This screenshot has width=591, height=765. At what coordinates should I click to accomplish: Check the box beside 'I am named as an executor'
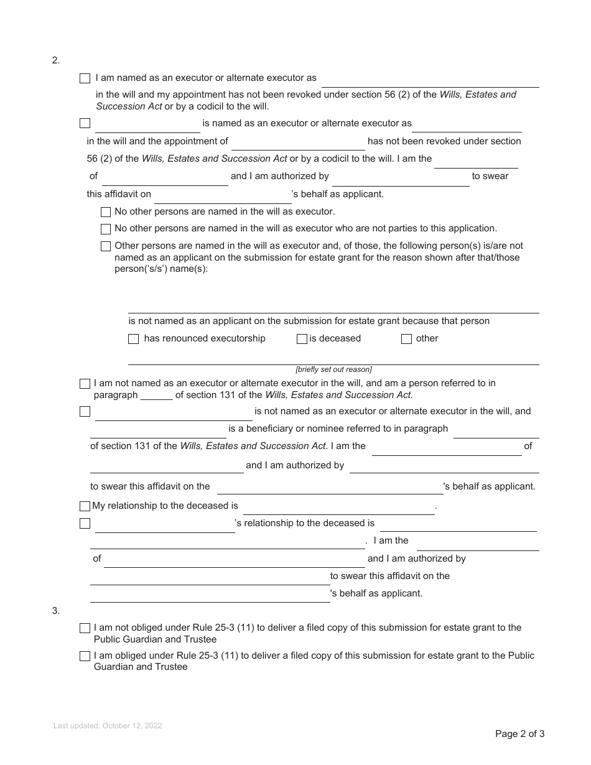(x=85, y=78)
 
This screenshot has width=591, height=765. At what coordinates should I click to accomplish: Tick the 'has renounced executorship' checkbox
(x=133, y=339)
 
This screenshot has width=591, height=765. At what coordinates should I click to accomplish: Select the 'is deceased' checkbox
(x=302, y=339)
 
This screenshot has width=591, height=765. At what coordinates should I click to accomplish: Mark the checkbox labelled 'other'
(x=406, y=339)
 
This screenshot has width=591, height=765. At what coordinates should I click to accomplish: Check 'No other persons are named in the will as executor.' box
(x=106, y=212)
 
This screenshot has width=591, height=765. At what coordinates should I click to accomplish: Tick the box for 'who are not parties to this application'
(x=106, y=229)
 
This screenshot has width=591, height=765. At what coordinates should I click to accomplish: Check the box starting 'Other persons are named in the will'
(x=106, y=246)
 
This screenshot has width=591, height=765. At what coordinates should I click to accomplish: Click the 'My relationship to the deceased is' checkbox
(x=85, y=506)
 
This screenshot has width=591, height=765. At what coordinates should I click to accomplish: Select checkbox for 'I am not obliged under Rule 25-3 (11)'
(x=85, y=628)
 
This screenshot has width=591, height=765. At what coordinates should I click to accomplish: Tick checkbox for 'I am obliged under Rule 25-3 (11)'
(x=85, y=656)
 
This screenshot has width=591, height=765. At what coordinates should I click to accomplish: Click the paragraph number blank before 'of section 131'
(x=157, y=396)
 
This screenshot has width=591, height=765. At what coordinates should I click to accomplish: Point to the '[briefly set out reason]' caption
(x=333, y=369)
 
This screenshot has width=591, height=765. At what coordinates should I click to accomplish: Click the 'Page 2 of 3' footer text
(x=519, y=734)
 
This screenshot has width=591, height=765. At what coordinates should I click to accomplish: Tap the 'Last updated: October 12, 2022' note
(x=108, y=726)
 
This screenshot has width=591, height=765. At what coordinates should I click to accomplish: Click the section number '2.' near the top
(x=56, y=60)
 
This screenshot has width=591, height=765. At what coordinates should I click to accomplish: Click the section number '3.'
(x=56, y=611)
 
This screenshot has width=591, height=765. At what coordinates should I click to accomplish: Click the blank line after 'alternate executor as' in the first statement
(x=430, y=81)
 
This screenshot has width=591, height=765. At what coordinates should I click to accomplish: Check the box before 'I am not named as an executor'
(x=85, y=384)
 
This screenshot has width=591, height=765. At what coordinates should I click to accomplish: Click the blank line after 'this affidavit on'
(x=223, y=197)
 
